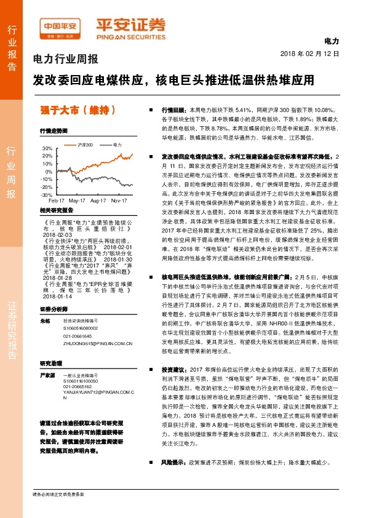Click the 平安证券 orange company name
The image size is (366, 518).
pyautogui.click(x=131, y=25)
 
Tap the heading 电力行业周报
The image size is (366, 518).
pyautogui.click(x=65, y=60)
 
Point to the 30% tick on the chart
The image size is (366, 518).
pyautogui.click(x=47, y=148)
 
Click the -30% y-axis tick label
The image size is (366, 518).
pyautogui.click(x=47, y=194)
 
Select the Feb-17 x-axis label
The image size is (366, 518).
pyautogui.click(x=57, y=201)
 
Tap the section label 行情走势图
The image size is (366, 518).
pyautogui.click(x=54, y=130)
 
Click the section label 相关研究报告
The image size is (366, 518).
pyautogui.click(x=57, y=210)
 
